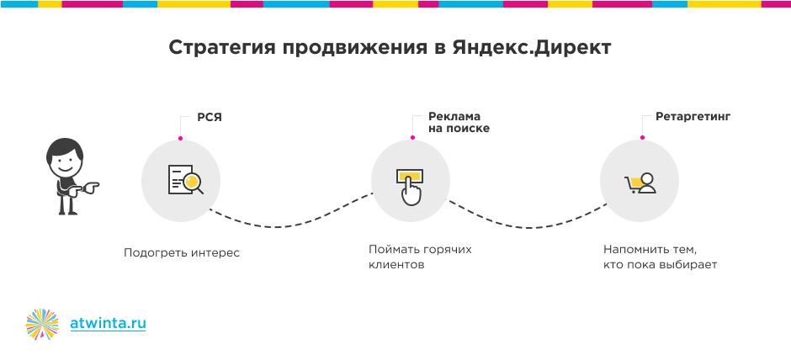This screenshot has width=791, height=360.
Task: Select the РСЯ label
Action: click(210, 118)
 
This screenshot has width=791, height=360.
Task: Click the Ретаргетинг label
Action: click(693, 117)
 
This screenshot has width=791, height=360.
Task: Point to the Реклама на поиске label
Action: click(459, 123)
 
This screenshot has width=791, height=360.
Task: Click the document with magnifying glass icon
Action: click(186, 179)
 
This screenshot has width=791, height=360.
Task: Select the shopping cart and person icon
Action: click(640, 183)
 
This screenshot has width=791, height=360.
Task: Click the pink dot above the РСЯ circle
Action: click(181, 138)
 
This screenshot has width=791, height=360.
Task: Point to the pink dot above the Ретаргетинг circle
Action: click(642, 137)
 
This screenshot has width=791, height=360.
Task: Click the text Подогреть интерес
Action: click(182, 252)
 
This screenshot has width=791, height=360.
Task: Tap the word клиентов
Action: click(396, 265)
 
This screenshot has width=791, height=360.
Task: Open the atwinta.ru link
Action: click(108, 323)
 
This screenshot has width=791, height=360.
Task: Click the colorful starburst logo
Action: click(42, 324)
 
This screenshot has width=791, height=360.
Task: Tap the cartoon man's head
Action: click(65, 156)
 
